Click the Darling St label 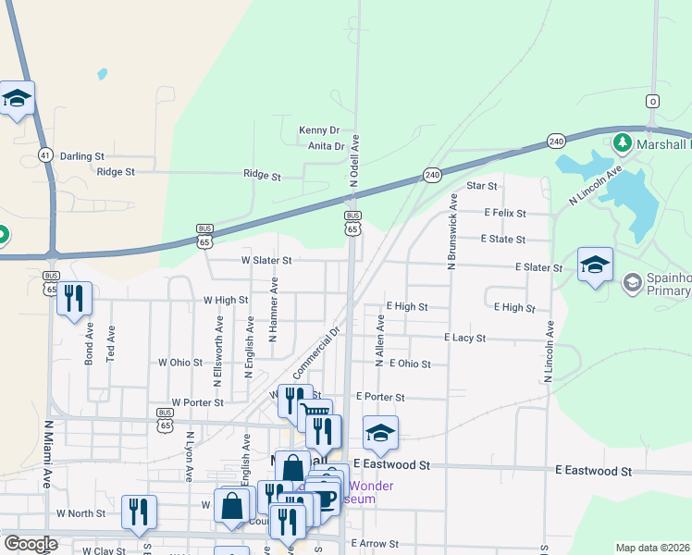[x=82, y=157]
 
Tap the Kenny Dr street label [x=319, y=130]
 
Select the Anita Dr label [x=327, y=146]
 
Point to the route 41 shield [x=45, y=155]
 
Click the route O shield [x=653, y=101]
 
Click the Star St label [x=482, y=186]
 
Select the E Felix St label [x=504, y=213]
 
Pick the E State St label [x=502, y=239]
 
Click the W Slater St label [x=266, y=261]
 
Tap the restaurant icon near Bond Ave [x=74, y=298]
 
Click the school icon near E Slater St [x=595, y=264]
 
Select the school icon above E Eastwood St [x=380, y=432]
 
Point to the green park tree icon [x=622, y=143]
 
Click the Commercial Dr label [x=317, y=351]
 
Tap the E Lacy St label [x=464, y=339]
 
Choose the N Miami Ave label [x=47, y=454]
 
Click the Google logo [x=31, y=544]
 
